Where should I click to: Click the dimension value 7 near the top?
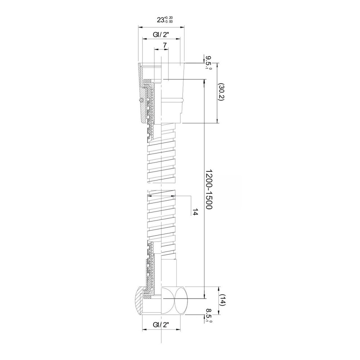165,45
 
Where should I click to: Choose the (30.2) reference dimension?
221,92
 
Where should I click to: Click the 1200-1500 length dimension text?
208,189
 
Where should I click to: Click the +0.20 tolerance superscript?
169,18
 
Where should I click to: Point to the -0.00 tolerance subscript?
169,22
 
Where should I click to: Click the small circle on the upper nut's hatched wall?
141,100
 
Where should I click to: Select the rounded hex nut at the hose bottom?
162,300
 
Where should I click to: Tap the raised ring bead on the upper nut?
172,100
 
